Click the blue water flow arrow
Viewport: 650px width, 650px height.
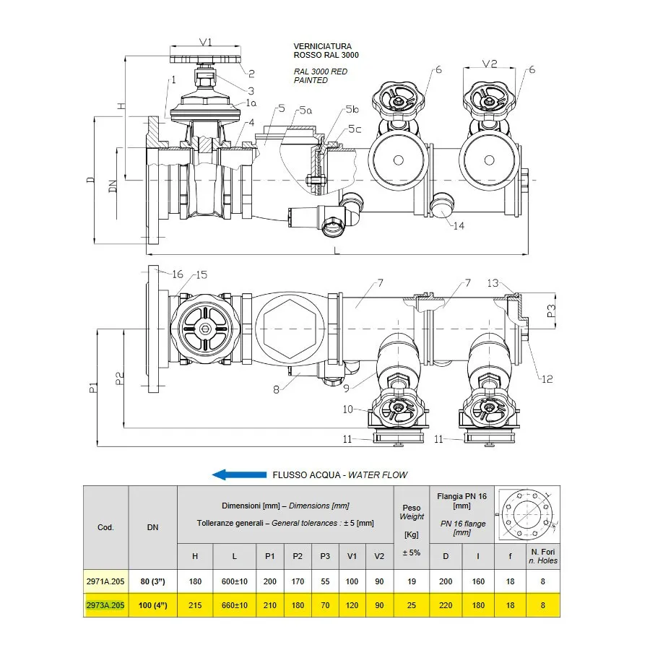[239, 474]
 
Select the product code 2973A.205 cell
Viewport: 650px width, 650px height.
[105, 605]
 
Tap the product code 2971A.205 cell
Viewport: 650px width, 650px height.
[105, 581]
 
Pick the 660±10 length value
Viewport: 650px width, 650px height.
[234, 605]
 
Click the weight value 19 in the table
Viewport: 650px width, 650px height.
[411, 581]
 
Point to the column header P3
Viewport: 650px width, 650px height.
[325, 556]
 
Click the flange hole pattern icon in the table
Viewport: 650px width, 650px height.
[527, 515]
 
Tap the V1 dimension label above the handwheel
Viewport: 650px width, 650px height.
[206, 42]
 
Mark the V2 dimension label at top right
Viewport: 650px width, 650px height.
[490, 64]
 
